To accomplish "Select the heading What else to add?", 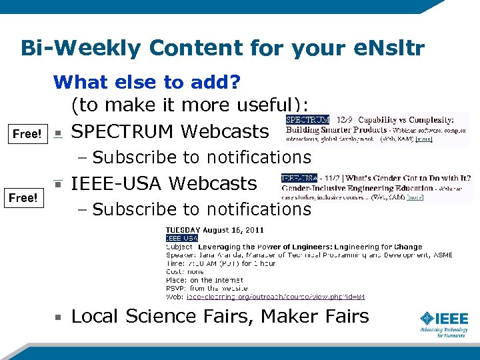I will [x=147, y=83].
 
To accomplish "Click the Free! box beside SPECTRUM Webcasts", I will [x=27, y=133].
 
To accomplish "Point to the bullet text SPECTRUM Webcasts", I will [x=169, y=131].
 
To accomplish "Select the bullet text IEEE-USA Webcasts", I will [x=164, y=183].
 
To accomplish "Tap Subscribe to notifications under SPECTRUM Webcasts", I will [x=202, y=157].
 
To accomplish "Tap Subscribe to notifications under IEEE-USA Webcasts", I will [x=202, y=209].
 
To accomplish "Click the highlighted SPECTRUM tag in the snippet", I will [x=308, y=120].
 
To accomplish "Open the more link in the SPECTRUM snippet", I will [x=424, y=140].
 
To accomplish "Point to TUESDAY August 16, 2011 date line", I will [x=215, y=230].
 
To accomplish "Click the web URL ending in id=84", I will [x=275, y=297].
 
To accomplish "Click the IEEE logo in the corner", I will [x=443, y=323].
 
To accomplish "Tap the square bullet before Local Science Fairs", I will [x=59, y=317].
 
